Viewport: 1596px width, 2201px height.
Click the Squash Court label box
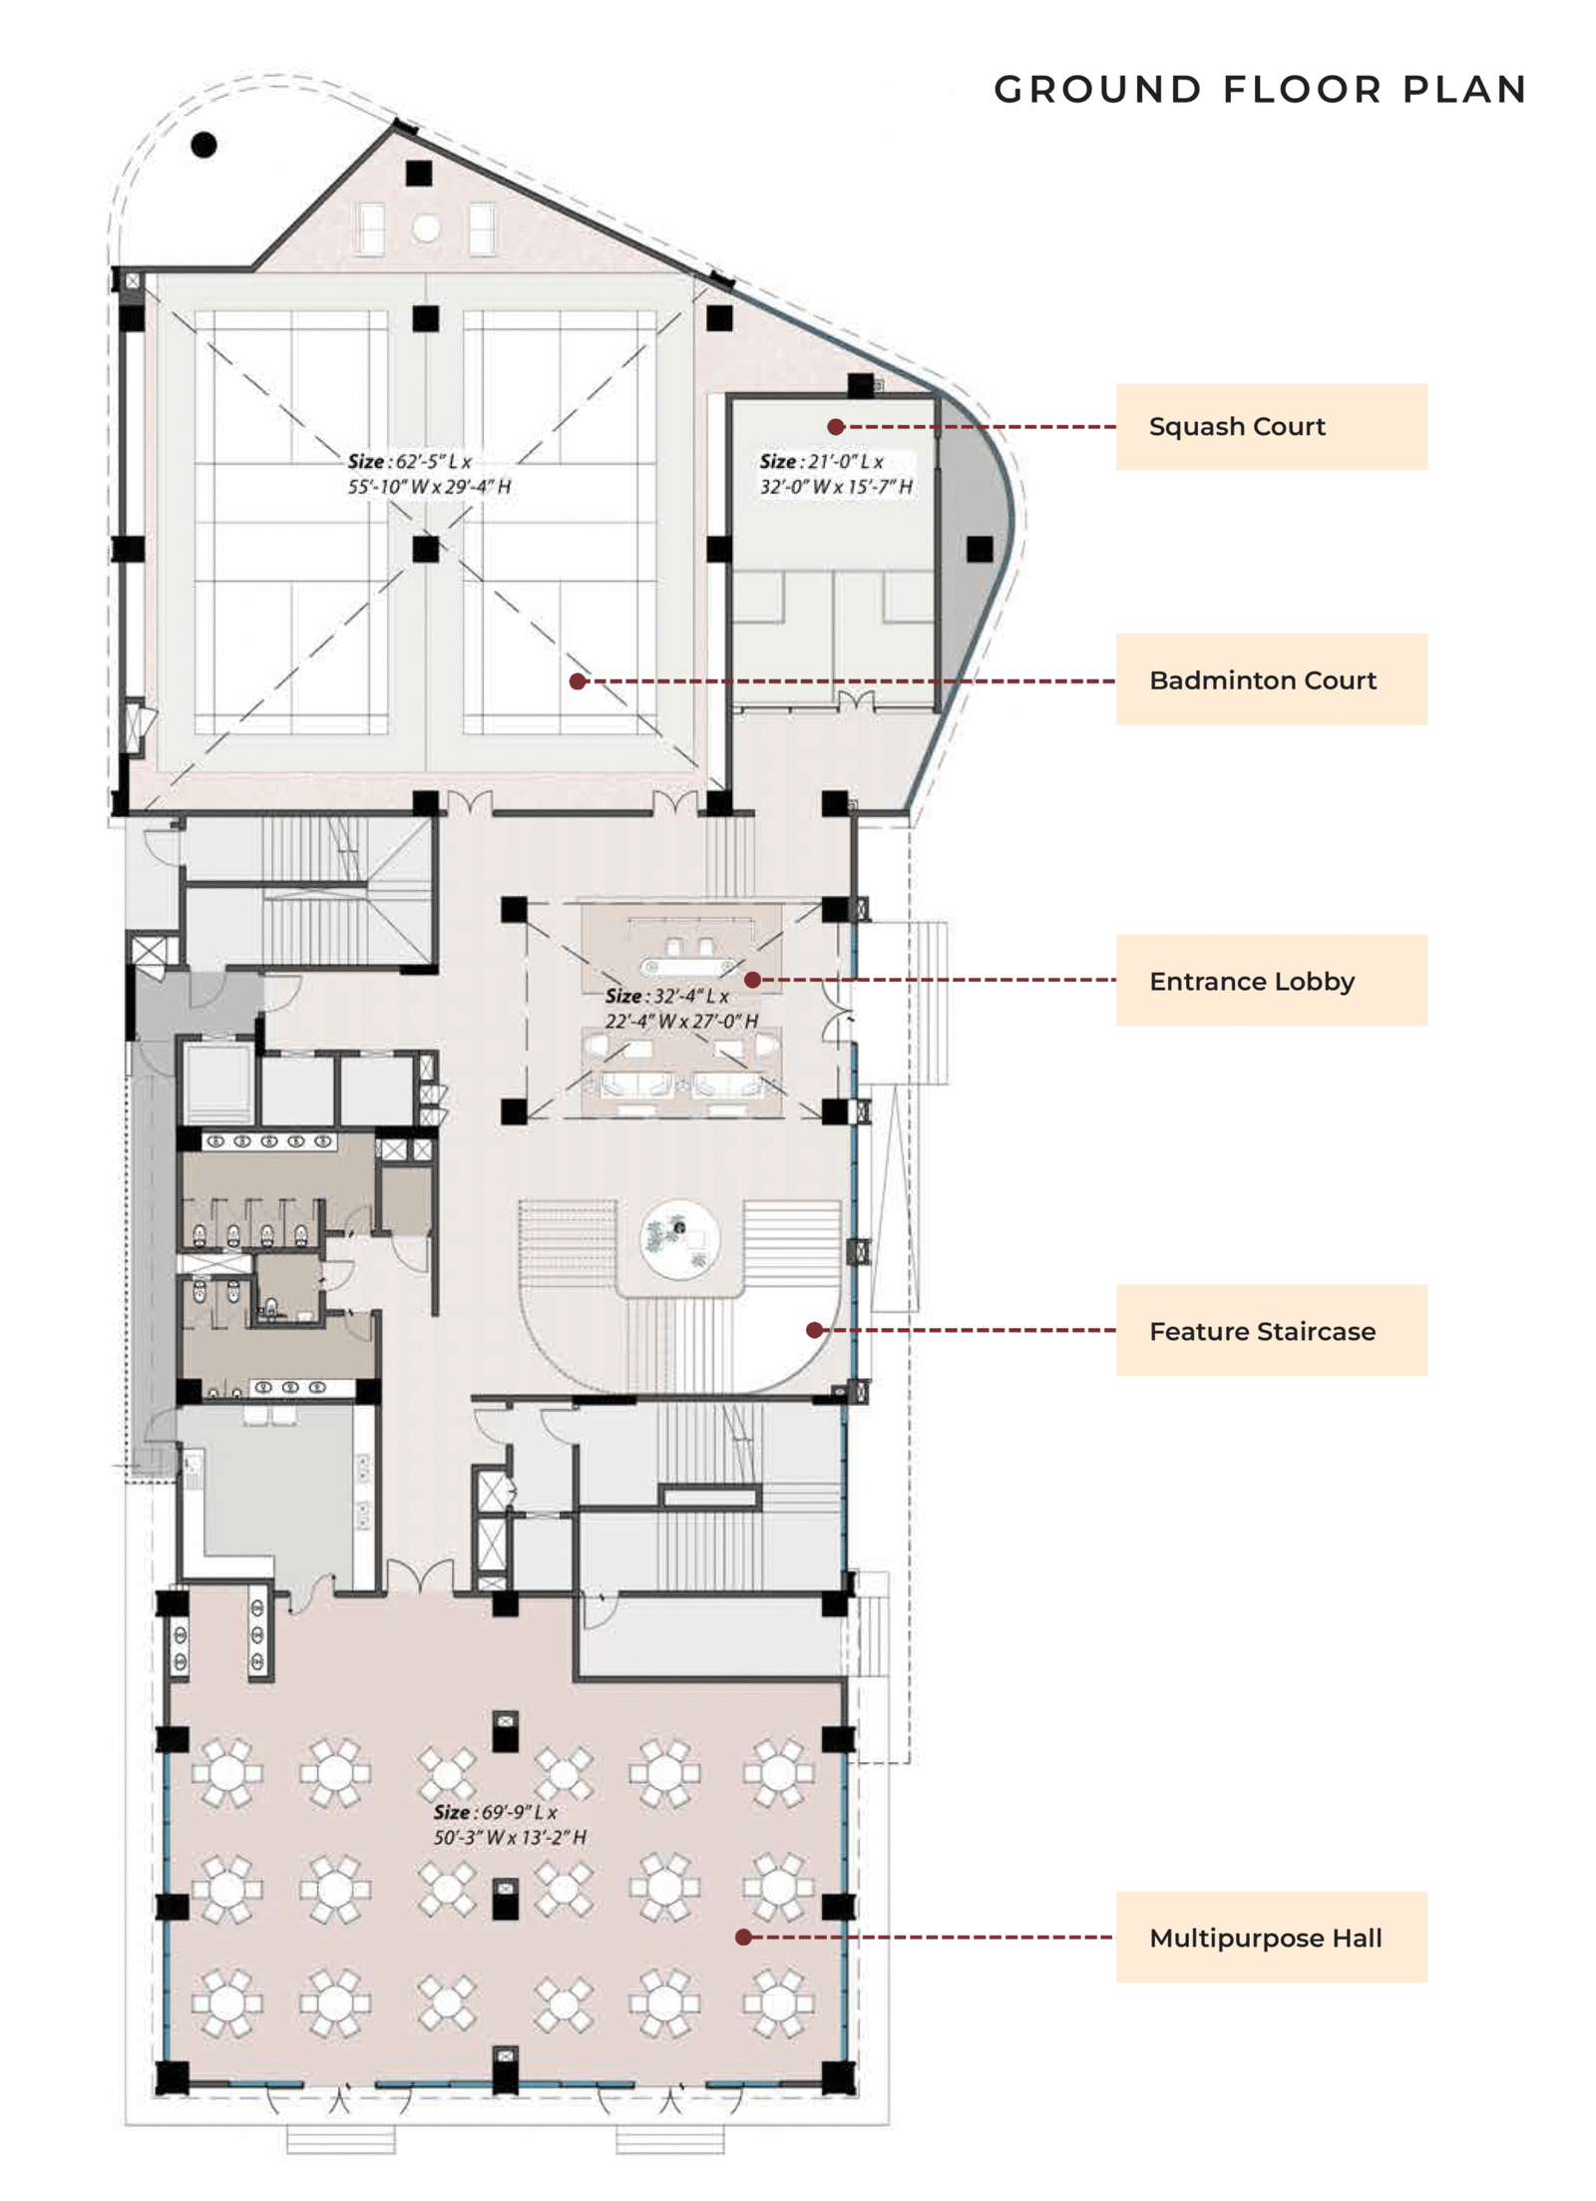tap(1270, 426)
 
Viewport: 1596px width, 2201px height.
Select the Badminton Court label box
tap(1270, 679)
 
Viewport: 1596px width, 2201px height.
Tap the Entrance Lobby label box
tap(1270, 980)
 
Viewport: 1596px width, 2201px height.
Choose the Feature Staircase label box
tap(1270, 1330)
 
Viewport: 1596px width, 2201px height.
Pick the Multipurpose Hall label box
tap(1270, 1937)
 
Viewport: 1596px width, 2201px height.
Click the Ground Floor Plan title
tap(1260, 90)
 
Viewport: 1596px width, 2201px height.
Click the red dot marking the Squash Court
tap(836, 427)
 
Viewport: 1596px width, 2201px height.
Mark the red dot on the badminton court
tap(578, 681)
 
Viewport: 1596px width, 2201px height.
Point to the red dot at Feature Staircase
tap(814, 1330)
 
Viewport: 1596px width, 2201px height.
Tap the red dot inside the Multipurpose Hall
tap(743, 1937)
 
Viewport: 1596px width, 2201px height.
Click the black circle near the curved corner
tap(203, 146)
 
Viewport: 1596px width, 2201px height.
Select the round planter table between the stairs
tap(679, 1239)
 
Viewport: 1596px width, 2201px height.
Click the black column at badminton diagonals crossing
tap(426, 548)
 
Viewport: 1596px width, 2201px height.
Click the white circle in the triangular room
tap(427, 228)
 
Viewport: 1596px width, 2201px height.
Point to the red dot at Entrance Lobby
tap(753, 980)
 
